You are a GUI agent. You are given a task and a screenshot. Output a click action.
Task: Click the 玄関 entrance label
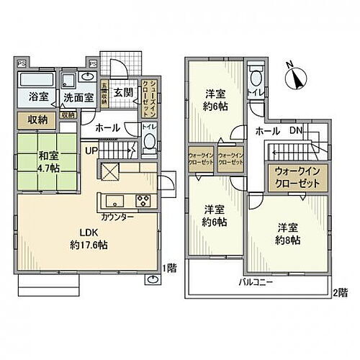tap(122, 92)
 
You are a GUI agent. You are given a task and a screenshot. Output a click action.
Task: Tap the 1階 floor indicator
tap(171, 268)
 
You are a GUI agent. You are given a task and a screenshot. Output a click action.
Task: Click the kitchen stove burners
tap(142, 200)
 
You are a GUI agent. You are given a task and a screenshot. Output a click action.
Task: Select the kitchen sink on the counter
tap(117, 199)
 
